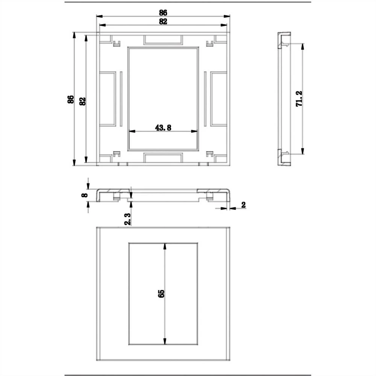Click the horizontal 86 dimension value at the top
click(x=163, y=12)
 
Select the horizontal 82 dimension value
click(x=163, y=21)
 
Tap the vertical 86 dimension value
click(x=70, y=100)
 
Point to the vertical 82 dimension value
click(x=83, y=101)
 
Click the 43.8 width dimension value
click(x=163, y=128)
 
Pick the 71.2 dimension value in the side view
click(x=299, y=99)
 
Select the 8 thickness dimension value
click(x=85, y=195)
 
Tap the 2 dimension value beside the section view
click(x=243, y=205)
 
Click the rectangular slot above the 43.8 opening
click(x=163, y=39)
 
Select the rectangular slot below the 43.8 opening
click(x=163, y=158)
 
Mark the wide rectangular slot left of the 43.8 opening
click(x=108, y=99)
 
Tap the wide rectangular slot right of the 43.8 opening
click(x=218, y=99)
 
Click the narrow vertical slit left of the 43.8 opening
click(x=121, y=99)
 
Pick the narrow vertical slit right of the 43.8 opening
click(x=205, y=99)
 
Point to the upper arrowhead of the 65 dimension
click(x=164, y=246)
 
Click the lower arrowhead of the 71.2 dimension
click(x=302, y=152)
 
